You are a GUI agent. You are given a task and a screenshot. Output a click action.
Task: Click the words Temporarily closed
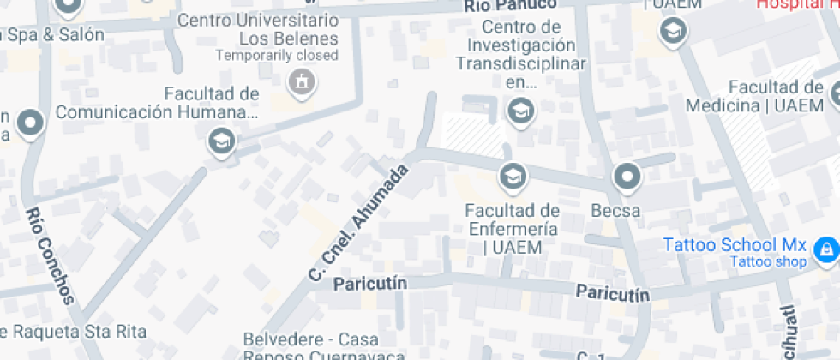click(277, 55)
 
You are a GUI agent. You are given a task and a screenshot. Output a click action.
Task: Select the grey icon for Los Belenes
click(301, 83)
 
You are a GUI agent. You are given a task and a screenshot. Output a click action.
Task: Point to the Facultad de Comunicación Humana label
click(157, 103)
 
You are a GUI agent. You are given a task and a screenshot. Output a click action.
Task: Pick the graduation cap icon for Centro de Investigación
click(519, 111)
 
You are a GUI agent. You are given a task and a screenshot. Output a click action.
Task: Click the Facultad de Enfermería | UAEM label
click(512, 229)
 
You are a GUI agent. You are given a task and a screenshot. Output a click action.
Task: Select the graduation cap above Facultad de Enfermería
click(513, 177)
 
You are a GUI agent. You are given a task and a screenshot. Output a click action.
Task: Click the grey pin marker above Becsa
click(627, 177)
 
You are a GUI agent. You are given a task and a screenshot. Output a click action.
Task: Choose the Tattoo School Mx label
click(735, 244)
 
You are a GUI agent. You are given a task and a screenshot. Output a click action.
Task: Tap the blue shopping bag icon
click(825, 249)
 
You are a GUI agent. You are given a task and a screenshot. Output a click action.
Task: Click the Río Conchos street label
click(52, 255)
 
